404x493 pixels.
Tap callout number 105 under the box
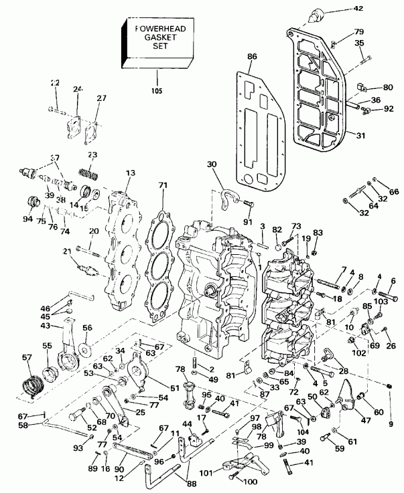pos(156,90)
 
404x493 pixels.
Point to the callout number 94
pos(27,217)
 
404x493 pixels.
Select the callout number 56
pos(87,328)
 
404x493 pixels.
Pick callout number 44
pos(186,425)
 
